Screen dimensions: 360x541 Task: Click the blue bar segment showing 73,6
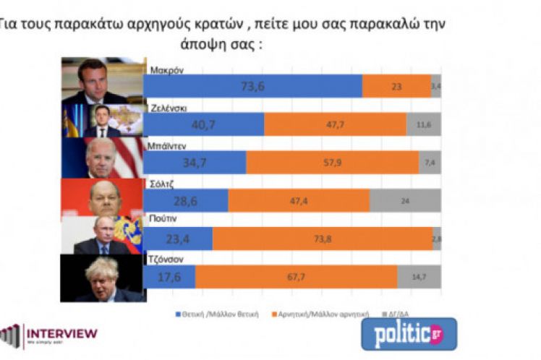coord(252,85)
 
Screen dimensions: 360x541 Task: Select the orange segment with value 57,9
coord(333,162)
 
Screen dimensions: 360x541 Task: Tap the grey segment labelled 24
coord(405,200)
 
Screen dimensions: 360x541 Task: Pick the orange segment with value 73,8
coord(323,239)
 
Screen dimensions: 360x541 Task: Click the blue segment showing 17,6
coord(169,277)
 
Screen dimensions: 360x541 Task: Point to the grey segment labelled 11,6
coord(424,124)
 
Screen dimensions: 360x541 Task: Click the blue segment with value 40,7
coord(203,124)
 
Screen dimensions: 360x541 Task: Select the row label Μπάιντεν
coord(169,145)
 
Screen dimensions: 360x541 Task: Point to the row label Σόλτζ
coord(161,184)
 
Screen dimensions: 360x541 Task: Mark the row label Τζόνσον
coord(166,260)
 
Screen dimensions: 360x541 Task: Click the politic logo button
coord(409,334)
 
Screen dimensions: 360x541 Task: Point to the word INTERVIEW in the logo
coord(61,333)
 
